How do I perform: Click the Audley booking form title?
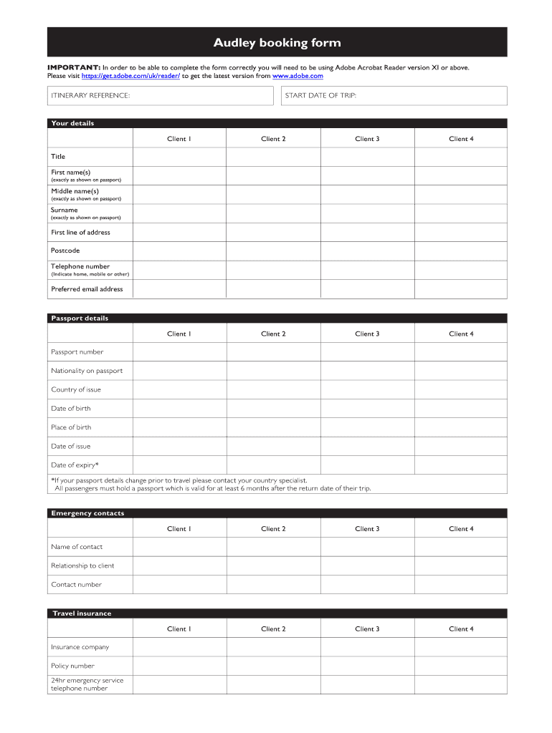(277, 43)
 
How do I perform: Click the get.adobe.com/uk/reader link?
(131, 76)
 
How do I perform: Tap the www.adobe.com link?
(298, 76)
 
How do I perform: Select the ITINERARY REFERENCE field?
(161, 96)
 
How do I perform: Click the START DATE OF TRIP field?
(393, 96)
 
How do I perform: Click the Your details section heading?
(72, 123)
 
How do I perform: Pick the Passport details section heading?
(80, 319)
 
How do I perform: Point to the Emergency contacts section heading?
(87, 513)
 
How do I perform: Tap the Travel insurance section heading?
(82, 613)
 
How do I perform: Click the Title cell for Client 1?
(179, 157)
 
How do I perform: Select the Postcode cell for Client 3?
(367, 251)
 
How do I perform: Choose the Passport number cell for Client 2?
(273, 352)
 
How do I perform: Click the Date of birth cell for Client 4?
(460, 409)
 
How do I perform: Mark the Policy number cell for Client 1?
(179, 666)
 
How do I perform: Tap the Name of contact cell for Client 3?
(367, 547)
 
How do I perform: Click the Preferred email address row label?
(87, 289)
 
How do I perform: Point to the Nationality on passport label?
(87, 371)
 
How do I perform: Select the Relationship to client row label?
(82, 565)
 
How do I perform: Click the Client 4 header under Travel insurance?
(461, 629)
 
